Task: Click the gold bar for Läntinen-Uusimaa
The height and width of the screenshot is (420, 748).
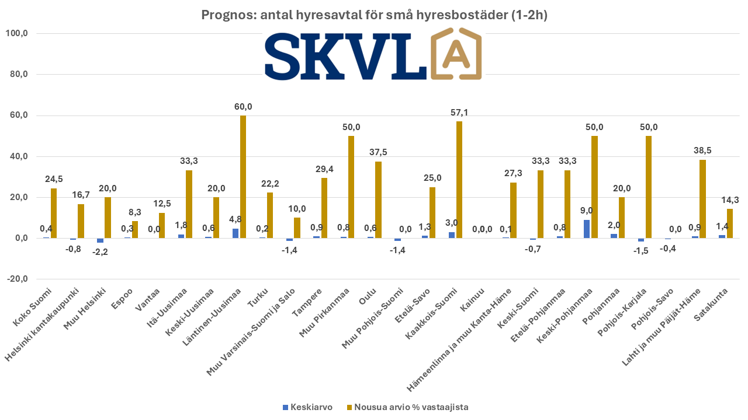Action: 243,177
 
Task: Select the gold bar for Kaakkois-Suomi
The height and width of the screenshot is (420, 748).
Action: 459,180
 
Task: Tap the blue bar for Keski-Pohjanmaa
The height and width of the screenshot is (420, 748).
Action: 587,229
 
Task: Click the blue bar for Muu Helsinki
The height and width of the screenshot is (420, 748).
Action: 101,240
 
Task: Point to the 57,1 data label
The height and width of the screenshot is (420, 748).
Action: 459,112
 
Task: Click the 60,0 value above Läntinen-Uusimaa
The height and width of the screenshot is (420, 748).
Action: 243,106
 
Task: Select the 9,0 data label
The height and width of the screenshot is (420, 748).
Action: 586,211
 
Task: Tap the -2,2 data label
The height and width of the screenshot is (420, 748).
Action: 100,251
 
